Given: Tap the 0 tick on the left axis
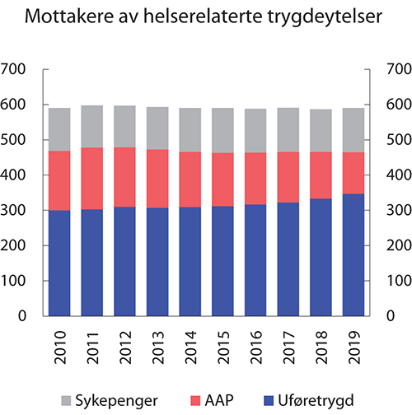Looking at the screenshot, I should [26, 316].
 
